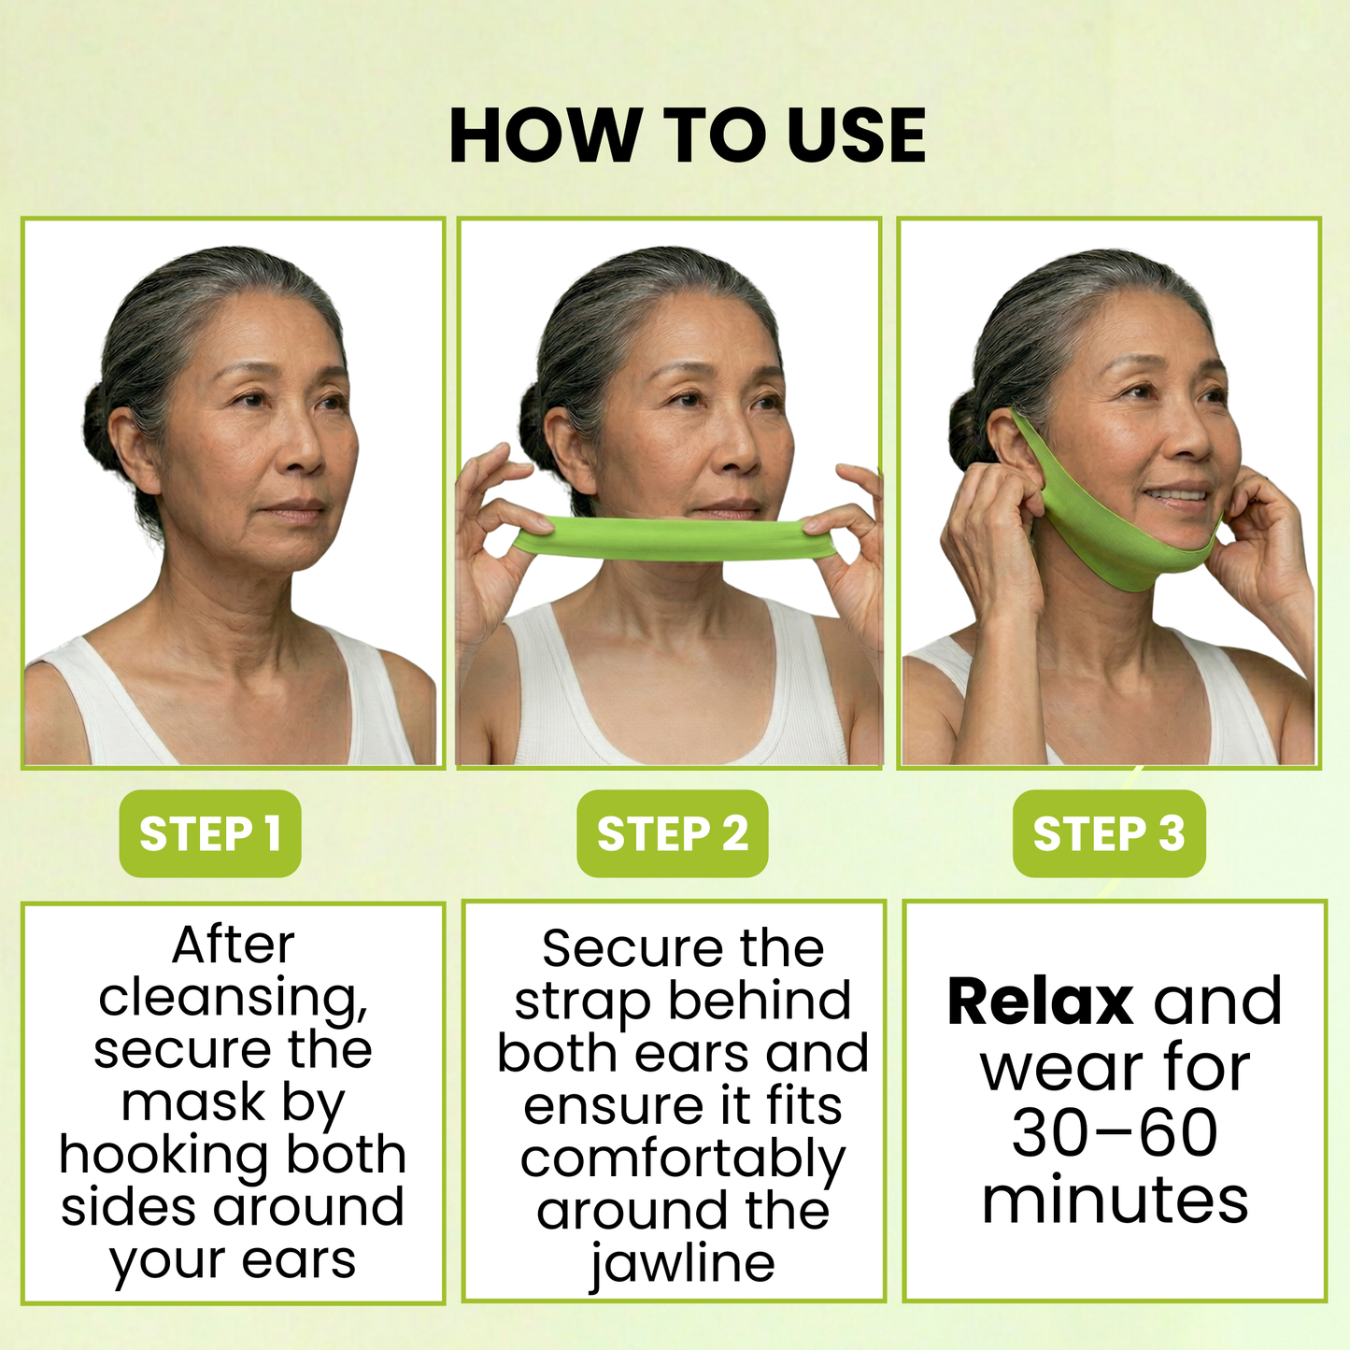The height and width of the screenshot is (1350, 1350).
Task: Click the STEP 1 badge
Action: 210,833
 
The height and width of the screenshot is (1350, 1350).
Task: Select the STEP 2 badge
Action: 672,833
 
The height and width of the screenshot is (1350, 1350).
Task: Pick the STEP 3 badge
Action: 1109,833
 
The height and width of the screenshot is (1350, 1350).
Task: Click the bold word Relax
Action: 1040,1002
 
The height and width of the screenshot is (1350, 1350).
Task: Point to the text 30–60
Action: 1115,1133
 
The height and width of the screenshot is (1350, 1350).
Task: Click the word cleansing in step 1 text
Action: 233,998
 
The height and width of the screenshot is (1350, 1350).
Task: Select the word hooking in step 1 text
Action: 166,1155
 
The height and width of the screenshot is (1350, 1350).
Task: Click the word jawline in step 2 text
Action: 682,1263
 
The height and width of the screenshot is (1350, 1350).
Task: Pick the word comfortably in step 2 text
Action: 682,1159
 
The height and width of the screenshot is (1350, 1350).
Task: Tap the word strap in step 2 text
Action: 581,1002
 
